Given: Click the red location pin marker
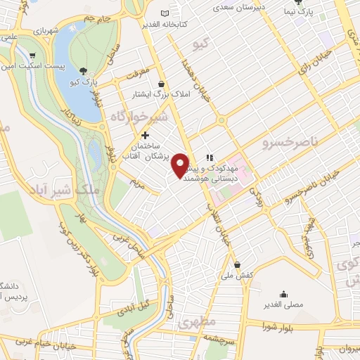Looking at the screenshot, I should point(181,165).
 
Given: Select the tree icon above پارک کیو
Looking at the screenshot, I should point(84,70).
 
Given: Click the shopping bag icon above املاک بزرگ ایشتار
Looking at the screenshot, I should point(162,84).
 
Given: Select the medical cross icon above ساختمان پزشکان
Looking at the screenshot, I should point(145,135).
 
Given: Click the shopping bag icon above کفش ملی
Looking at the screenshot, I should point(238,266).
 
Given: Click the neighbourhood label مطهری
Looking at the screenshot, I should point(194,324).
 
